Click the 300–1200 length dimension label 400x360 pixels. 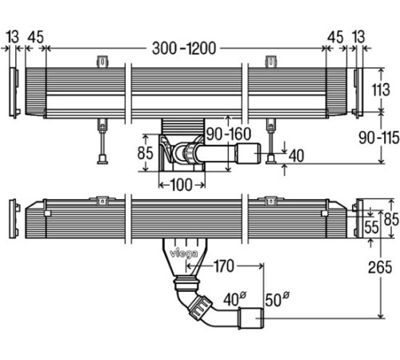pyautogui.click(x=184, y=49)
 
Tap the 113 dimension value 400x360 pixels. pyautogui.click(x=381, y=90)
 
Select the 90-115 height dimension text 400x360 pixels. pyautogui.click(x=378, y=138)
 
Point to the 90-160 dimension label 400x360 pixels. pyautogui.click(x=229, y=134)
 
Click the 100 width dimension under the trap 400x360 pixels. pyautogui.click(x=181, y=185)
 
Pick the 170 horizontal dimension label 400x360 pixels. pyautogui.click(x=224, y=266)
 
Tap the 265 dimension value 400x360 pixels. pyautogui.click(x=380, y=267)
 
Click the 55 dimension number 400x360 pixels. pyautogui.click(x=371, y=227)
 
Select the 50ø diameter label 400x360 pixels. pyautogui.click(x=277, y=299)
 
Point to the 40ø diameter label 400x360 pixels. pyautogui.click(x=234, y=299)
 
